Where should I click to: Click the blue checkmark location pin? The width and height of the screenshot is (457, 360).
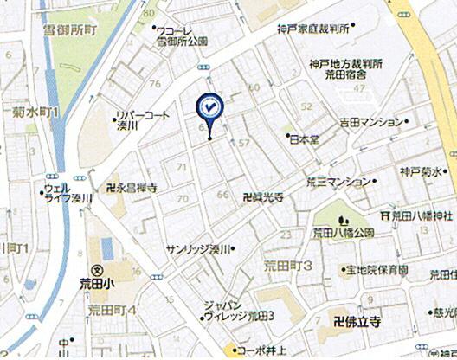(x=209, y=107)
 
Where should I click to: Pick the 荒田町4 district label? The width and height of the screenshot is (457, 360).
(x=113, y=309)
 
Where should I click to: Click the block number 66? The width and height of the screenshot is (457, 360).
(x=222, y=193)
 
